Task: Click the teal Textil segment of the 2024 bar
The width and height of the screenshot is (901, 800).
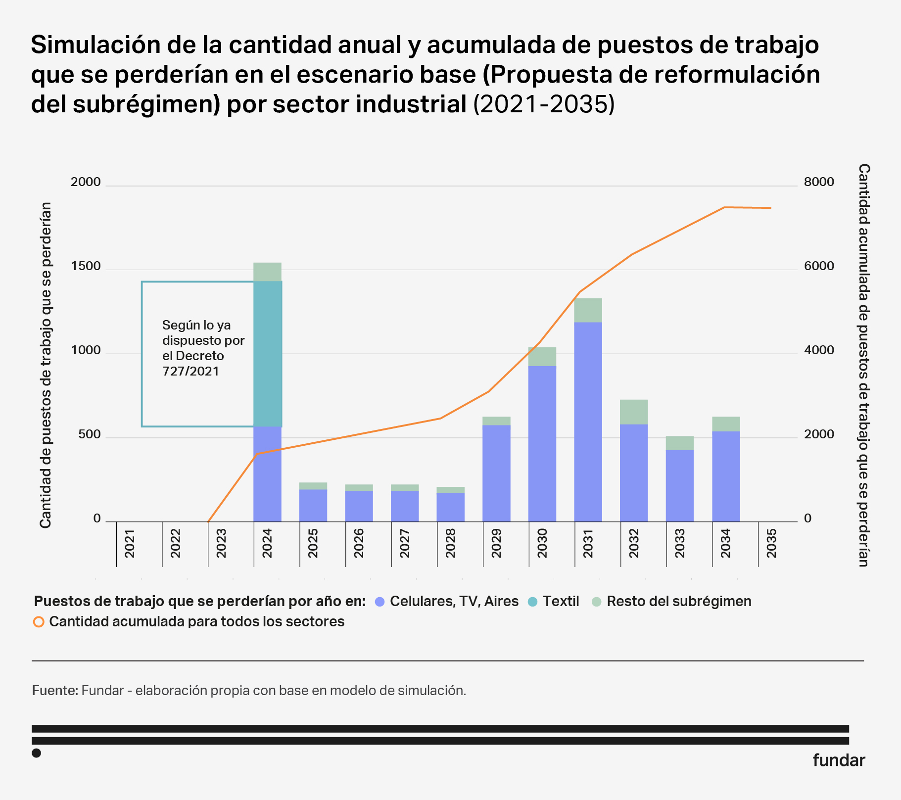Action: coord(268,354)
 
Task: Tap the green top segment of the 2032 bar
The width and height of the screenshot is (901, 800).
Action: coord(634,412)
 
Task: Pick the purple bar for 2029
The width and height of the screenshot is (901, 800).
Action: coord(496,473)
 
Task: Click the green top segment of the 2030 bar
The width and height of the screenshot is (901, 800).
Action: coord(542,357)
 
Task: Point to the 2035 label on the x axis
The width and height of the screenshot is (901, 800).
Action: coord(771,543)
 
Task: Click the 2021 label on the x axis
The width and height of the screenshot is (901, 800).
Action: coord(130,543)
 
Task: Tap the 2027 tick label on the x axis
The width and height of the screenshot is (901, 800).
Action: coord(405,543)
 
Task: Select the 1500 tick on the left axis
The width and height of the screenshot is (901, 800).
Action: coord(86,266)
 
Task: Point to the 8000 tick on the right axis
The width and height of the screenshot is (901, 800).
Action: coord(819,182)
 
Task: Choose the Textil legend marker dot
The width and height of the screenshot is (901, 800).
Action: coord(532,602)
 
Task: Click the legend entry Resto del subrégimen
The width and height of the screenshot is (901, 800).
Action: coord(679,602)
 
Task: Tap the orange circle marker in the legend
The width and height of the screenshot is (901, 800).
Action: coord(39,622)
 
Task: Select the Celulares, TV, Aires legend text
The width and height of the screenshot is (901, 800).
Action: coord(454,602)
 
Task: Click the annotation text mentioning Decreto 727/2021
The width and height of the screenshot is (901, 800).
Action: coord(203,348)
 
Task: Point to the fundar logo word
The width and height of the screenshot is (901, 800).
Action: coord(839,760)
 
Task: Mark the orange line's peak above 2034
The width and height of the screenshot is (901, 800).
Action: coord(724,207)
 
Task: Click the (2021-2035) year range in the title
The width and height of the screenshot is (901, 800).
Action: coord(544,104)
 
